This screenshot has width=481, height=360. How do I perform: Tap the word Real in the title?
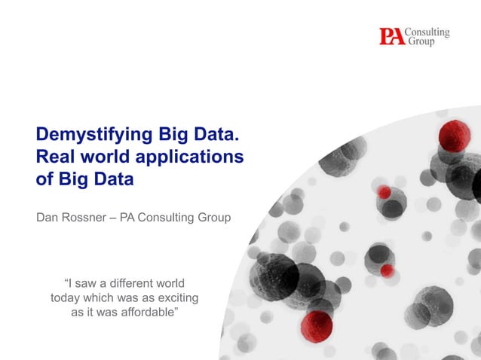point(54,157)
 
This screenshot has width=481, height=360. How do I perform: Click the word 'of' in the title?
point(44,179)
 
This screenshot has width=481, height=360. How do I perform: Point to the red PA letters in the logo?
point(391,36)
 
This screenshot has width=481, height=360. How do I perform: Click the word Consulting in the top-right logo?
point(427,32)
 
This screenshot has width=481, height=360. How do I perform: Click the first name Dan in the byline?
point(47,218)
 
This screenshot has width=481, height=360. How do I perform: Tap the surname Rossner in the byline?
point(84,218)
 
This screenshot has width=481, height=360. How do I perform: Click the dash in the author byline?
point(115,218)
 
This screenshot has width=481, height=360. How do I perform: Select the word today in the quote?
point(65,297)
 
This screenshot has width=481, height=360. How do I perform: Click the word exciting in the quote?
point(177,297)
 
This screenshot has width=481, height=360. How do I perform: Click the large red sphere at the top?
point(454,135)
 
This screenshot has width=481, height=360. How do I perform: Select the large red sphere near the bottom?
point(317,326)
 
